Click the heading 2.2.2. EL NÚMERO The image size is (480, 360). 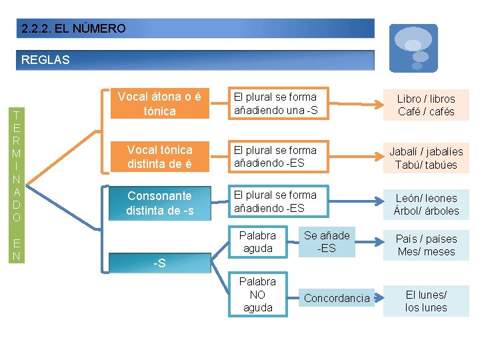pyautogui.click(x=73, y=29)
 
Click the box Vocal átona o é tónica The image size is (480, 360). pyautogui.click(x=159, y=104)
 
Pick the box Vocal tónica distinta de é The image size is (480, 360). pyautogui.click(x=159, y=157)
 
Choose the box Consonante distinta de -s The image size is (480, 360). pyautogui.click(x=159, y=203)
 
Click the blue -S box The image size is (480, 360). pyautogui.click(x=159, y=263)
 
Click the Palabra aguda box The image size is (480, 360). pyautogui.click(x=257, y=242)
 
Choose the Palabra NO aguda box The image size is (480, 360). pyautogui.click(x=257, y=294)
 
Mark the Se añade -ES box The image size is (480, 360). pyautogui.click(x=327, y=241)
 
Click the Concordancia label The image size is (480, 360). pyautogui.click(x=336, y=299)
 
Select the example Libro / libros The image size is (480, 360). pyautogui.click(x=426, y=105)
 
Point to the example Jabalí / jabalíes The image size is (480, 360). pyautogui.click(x=426, y=158)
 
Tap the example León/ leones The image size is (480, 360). pyautogui.click(x=426, y=204)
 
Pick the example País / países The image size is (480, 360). pyautogui.click(x=426, y=245)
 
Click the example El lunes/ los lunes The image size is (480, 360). pyautogui.click(x=426, y=301)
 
